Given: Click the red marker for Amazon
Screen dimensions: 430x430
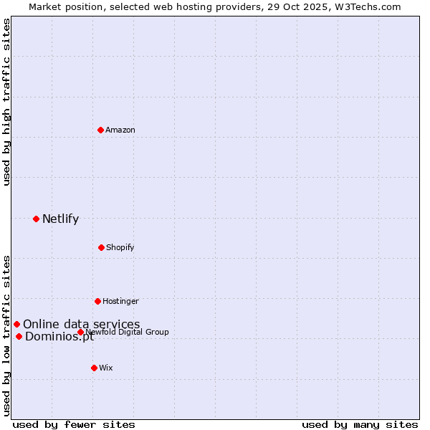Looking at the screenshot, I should click(x=101, y=130).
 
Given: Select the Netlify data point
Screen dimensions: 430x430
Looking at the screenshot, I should click(x=36, y=219).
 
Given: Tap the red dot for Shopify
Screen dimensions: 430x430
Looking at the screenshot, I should click(x=101, y=247).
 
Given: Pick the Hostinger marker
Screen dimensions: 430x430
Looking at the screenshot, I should click(x=97, y=301).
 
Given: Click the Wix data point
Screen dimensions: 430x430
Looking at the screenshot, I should click(x=94, y=368).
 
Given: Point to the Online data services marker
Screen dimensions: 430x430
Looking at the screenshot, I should click(x=16, y=324).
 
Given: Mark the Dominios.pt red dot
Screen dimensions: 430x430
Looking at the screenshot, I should click(x=19, y=336).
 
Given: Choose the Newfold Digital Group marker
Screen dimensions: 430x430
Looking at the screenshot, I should click(x=80, y=332).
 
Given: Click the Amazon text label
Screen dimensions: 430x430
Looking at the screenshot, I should click(x=120, y=130).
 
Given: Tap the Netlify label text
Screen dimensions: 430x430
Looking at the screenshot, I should click(x=60, y=219).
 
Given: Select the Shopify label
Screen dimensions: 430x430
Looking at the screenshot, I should click(x=120, y=247).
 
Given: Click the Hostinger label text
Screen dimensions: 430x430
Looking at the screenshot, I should click(x=120, y=301).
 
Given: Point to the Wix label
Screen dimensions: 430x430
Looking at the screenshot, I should click(x=106, y=368).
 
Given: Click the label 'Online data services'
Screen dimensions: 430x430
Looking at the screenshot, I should click(x=81, y=324).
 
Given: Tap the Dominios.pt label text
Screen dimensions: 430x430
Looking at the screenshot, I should click(x=59, y=337).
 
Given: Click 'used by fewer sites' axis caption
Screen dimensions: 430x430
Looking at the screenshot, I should click(x=74, y=424).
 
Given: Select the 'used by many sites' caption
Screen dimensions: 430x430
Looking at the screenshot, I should click(x=360, y=424).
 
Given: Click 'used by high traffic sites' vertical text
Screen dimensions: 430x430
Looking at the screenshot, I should click(x=6, y=102).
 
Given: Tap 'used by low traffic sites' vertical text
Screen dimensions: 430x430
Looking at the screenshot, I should click(x=6, y=335).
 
